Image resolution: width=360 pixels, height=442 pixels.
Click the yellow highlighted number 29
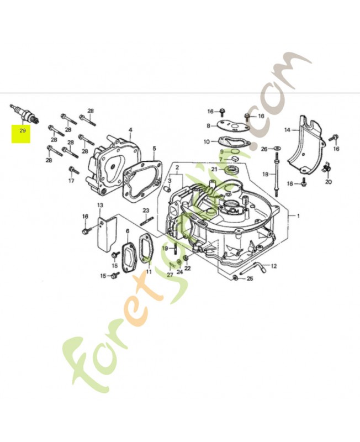coord(22,131)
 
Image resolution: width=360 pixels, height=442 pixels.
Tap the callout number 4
coord(130,130)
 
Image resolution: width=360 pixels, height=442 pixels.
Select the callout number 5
coord(155,148)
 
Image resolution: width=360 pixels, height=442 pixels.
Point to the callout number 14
coord(287,130)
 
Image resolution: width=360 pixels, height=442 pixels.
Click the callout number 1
coord(298,216)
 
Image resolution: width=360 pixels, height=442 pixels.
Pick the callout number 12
coord(274,266)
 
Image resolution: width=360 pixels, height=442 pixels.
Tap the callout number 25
coord(250,279)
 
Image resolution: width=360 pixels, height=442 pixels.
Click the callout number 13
coord(100,206)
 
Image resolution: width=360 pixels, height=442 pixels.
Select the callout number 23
coord(146,210)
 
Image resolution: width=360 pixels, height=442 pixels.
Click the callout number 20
coord(329,182)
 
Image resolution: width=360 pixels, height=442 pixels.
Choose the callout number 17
coord(71,181)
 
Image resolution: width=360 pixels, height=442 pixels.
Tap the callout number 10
coord(207,142)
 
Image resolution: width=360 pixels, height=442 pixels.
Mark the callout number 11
coord(149,272)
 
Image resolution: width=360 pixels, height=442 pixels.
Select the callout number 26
coord(264,149)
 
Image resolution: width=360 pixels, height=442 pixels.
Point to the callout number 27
coord(170,275)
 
